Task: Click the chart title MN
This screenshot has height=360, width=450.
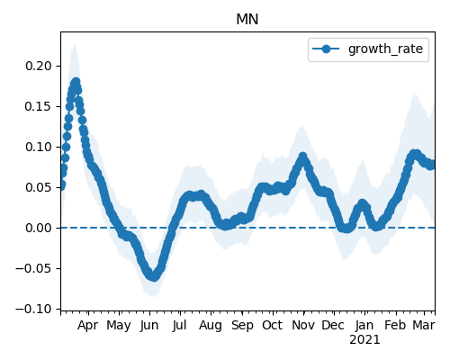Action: pyautogui.click(x=247, y=20)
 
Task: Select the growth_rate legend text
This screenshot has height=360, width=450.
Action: pyautogui.click(x=385, y=49)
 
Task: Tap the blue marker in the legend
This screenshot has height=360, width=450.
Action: pyautogui.click(x=326, y=49)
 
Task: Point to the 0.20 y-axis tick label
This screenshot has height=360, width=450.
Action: pyautogui.click(x=39, y=66)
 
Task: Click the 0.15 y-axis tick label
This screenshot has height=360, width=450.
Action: pyautogui.click(x=39, y=106)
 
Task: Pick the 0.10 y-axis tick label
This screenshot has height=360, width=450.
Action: pyautogui.click(x=39, y=147)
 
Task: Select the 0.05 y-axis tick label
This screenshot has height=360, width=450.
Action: pyautogui.click(x=39, y=187)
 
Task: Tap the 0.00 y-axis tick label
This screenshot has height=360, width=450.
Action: pyautogui.click(x=39, y=228)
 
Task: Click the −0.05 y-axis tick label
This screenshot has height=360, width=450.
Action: pyautogui.click(x=33, y=268)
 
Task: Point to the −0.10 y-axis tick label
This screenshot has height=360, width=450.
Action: pyautogui.click(x=33, y=309)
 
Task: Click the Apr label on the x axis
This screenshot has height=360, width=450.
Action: pyautogui.click(x=87, y=326)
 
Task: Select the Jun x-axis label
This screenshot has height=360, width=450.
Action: pyautogui.click(x=149, y=326)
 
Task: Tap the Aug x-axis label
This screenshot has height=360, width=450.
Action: pyautogui.click(x=211, y=326)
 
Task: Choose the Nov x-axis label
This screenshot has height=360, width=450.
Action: pyautogui.click(x=303, y=325)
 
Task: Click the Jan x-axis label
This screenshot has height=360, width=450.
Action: pyautogui.click(x=364, y=325)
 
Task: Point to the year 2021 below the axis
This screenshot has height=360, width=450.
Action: pyautogui.click(x=364, y=340)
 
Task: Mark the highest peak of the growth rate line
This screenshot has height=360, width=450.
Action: pyautogui.click(x=76, y=82)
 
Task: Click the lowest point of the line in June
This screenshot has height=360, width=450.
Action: pyautogui.click(x=154, y=276)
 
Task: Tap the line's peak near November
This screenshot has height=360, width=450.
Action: pyautogui.click(x=303, y=157)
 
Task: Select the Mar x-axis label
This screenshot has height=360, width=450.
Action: pyautogui.click(x=424, y=325)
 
